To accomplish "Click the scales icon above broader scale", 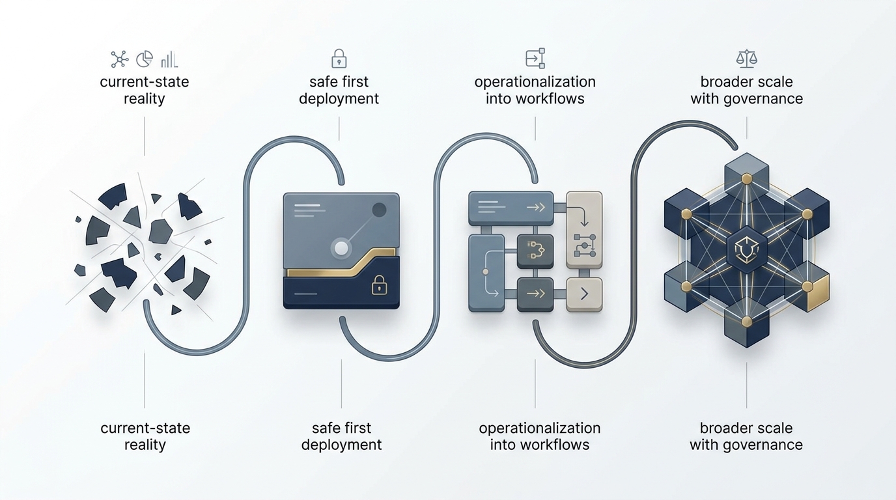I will [x=746, y=59].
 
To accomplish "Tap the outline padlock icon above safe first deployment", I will [x=339, y=59].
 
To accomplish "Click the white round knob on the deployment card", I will [x=341, y=247].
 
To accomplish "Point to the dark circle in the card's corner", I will [x=378, y=210].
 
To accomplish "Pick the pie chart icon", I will [x=144, y=59].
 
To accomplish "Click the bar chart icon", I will [x=169, y=59].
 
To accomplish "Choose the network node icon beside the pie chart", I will [x=119, y=59].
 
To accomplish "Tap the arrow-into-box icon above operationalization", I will [x=535, y=59].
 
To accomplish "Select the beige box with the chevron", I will [x=584, y=294].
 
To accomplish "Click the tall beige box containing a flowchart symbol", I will [x=584, y=230].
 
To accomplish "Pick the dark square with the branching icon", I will [x=535, y=250].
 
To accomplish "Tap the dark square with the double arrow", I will [x=535, y=294].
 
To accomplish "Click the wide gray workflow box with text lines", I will [x=511, y=207].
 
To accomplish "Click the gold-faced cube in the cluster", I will [x=816, y=292].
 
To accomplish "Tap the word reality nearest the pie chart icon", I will [x=144, y=99].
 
